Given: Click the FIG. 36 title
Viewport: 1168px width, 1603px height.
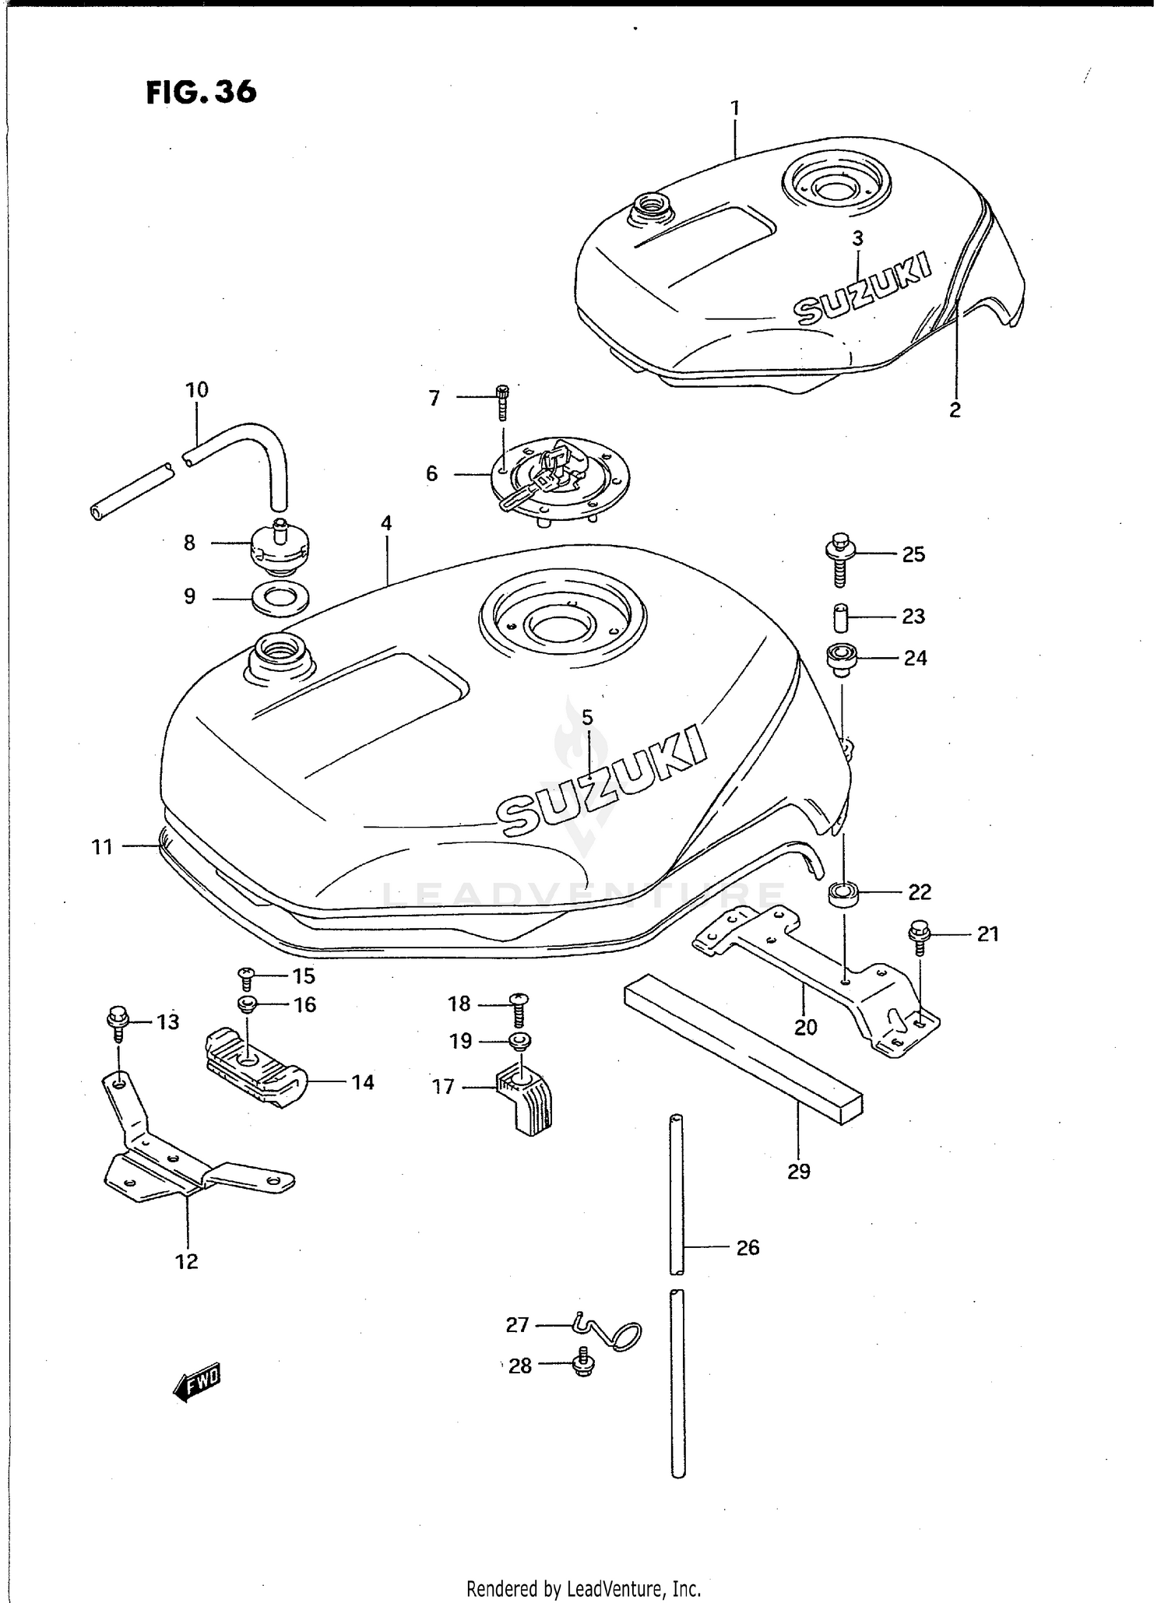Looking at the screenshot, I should click(x=201, y=92).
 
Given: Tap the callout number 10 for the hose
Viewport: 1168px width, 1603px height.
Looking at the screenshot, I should click(x=197, y=390).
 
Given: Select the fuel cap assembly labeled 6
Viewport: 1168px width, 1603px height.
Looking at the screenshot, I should click(x=559, y=477).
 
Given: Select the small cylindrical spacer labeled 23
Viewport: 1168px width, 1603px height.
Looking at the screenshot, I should click(x=839, y=618).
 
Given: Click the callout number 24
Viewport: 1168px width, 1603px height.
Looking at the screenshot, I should click(x=915, y=659).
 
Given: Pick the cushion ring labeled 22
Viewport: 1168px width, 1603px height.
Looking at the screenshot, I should click(x=843, y=892).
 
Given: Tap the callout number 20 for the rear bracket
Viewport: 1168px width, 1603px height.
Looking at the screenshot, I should click(x=805, y=1027).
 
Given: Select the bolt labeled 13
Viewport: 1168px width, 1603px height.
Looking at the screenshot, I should click(x=118, y=1021).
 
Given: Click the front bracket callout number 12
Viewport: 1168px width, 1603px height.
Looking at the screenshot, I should click(x=187, y=1262).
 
